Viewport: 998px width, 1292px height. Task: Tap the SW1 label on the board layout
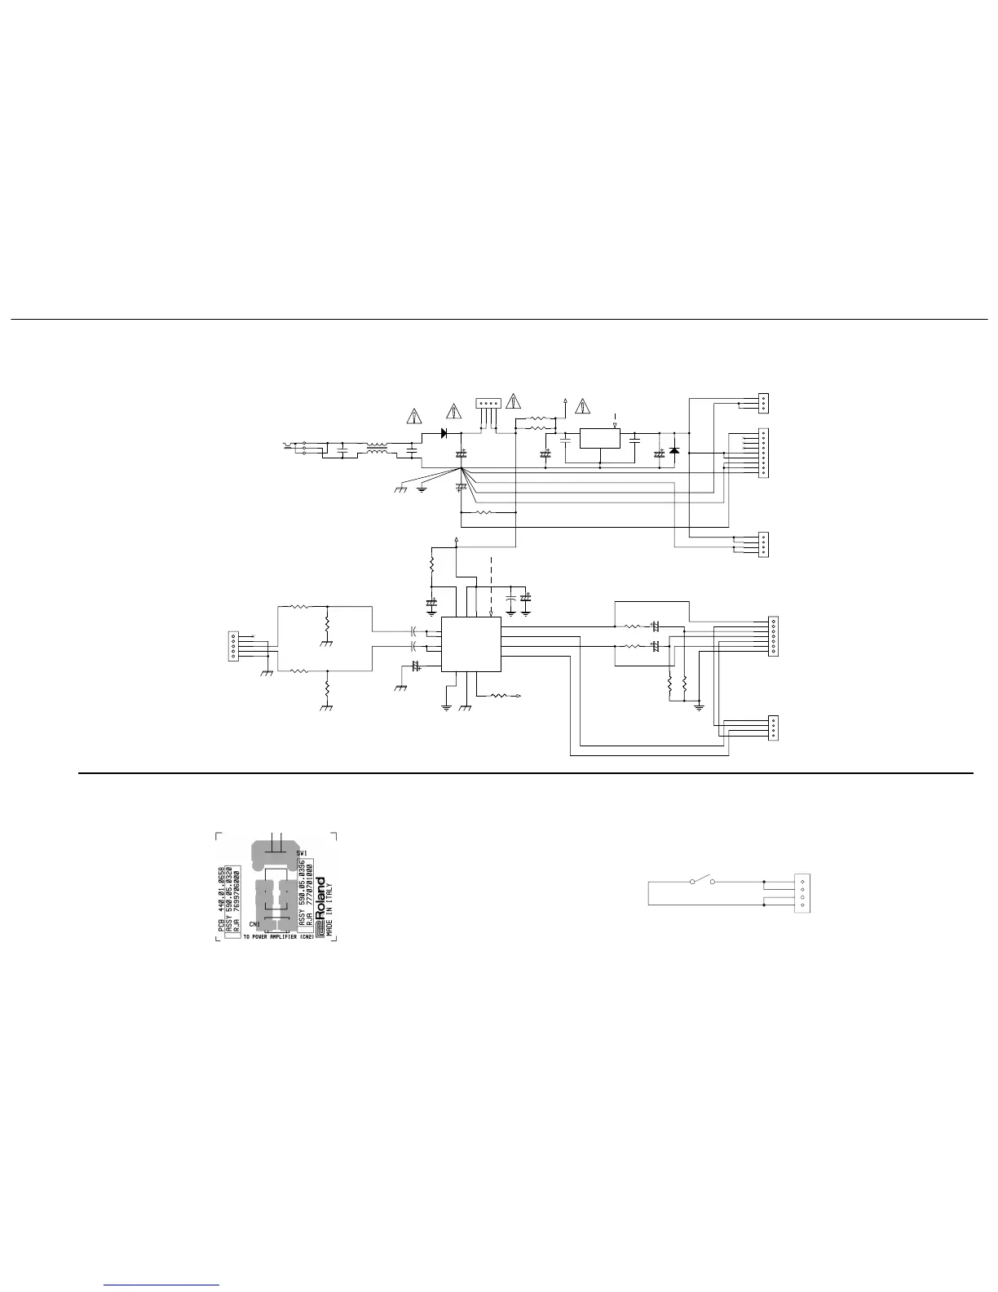click(301, 852)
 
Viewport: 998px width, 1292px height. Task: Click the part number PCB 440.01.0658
click(221, 893)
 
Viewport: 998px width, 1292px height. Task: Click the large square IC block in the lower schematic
click(470, 644)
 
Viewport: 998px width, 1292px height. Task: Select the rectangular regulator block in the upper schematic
click(599, 439)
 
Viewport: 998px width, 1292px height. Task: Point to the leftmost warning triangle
click(415, 415)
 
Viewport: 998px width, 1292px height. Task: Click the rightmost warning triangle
click(582, 406)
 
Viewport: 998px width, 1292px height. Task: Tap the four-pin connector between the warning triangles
click(488, 405)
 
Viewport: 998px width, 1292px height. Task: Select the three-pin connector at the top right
click(762, 402)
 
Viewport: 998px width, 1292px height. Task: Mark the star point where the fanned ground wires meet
click(461, 468)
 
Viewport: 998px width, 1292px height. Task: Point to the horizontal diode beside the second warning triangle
click(444, 433)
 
